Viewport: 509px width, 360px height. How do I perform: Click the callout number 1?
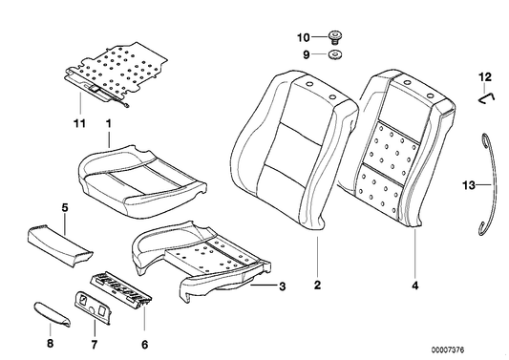108,123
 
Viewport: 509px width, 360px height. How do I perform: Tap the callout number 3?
282,286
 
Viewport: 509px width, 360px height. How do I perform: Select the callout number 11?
78,123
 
